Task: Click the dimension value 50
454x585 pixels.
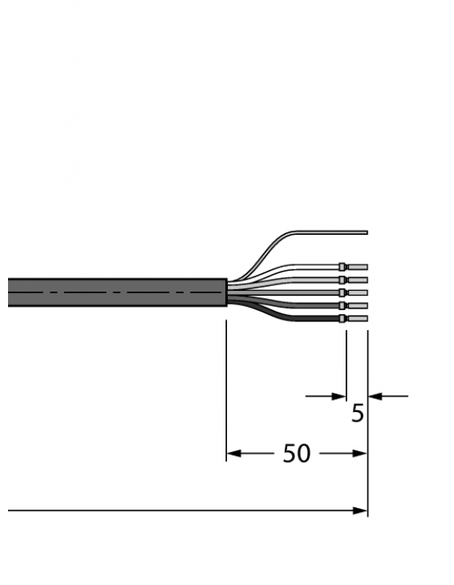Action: [x=296, y=454]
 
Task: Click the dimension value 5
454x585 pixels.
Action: [x=358, y=414]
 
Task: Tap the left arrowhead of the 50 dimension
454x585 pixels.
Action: [x=233, y=454]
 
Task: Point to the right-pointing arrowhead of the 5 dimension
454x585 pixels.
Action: [x=338, y=395]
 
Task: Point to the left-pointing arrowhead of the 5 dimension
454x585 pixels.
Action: [x=375, y=395]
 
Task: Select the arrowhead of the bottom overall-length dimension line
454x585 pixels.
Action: [x=361, y=510]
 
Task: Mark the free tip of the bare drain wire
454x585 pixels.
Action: [x=366, y=233]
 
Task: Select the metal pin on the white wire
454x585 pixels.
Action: [x=357, y=265]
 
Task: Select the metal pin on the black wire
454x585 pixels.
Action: [x=357, y=319]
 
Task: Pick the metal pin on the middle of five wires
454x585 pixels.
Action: [x=357, y=292]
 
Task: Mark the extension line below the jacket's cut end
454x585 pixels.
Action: [x=227, y=385]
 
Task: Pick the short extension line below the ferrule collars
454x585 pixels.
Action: [x=346, y=361]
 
